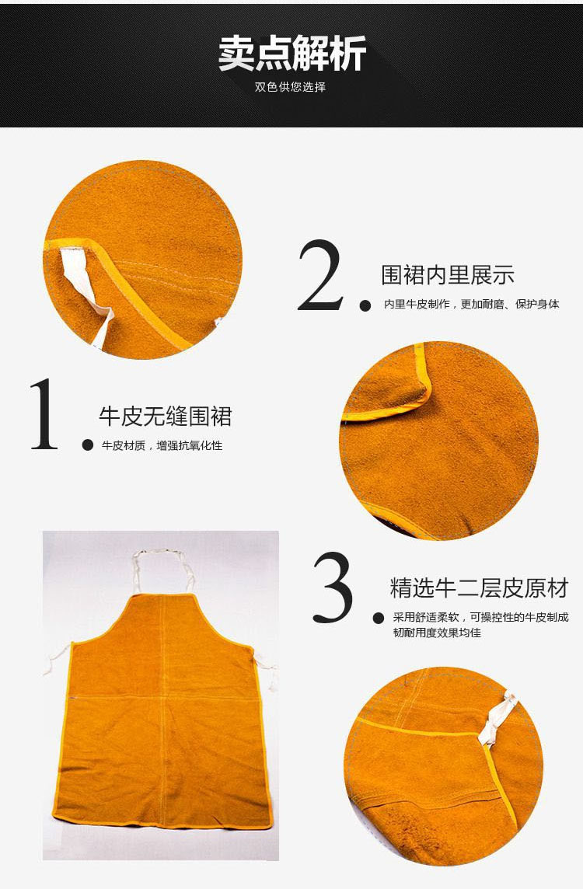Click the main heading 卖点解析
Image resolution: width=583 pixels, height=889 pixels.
[x=292, y=54]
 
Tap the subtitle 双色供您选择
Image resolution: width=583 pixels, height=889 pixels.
[x=291, y=87]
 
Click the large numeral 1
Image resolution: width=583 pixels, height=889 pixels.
[x=44, y=414]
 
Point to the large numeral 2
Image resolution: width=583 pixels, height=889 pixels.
[x=320, y=275]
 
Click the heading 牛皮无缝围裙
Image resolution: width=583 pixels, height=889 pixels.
[x=166, y=417]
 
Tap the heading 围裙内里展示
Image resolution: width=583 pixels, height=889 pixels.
[x=448, y=275]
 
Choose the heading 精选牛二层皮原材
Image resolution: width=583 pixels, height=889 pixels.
[x=479, y=588]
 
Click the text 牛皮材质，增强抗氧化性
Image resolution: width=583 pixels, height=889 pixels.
[x=162, y=445]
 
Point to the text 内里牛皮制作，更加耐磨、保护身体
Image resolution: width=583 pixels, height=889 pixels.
[x=472, y=304]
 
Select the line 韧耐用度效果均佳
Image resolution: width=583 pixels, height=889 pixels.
[x=437, y=633]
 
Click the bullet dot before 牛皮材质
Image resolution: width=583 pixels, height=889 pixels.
[x=87, y=445]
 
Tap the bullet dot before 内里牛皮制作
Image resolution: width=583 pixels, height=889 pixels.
[x=365, y=305]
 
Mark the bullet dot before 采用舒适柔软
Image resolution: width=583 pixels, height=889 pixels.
[x=379, y=618]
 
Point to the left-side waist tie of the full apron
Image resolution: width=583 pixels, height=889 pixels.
[x=58, y=657]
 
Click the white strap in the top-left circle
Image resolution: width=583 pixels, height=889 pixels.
[x=86, y=289]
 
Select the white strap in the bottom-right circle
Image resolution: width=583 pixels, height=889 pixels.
[x=498, y=717]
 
